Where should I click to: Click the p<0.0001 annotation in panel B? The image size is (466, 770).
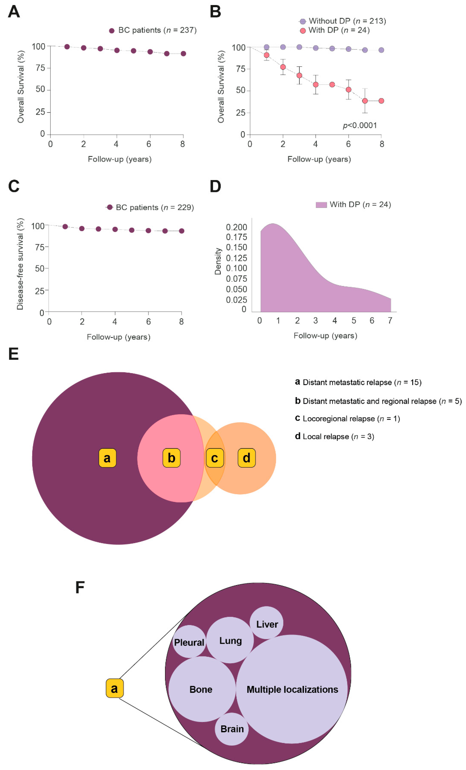pos(360,126)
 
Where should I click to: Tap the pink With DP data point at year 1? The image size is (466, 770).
pos(266,55)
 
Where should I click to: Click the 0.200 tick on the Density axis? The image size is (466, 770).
pos(236,227)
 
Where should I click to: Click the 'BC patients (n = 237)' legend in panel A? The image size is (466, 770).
pos(153,30)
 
